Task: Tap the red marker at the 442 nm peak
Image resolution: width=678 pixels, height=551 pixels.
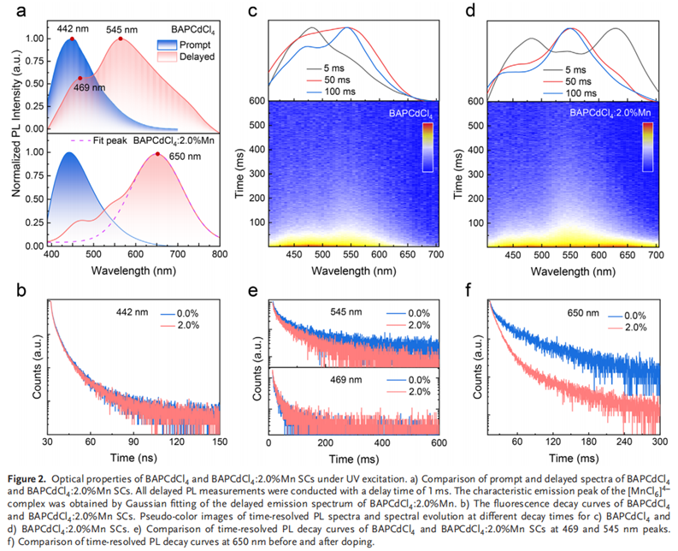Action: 72,39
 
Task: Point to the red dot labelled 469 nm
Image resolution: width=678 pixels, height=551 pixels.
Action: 80,78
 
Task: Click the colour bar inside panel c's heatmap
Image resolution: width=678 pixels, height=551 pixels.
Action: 429,146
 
